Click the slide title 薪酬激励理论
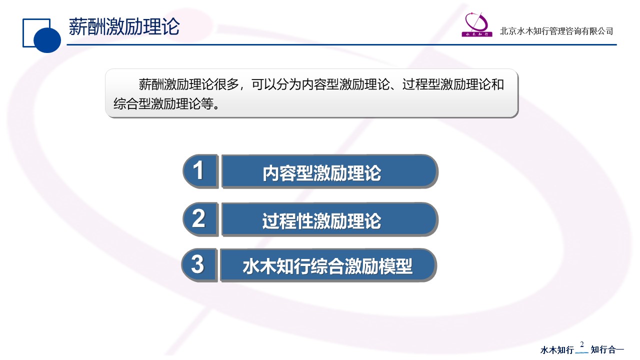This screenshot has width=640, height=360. (124, 26)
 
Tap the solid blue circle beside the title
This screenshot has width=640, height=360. (47, 39)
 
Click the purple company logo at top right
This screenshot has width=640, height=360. (477, 24)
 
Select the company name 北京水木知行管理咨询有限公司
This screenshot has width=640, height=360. (556, 31)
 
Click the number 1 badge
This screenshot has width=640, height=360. (200, 171)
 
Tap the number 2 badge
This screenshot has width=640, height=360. (200, 219)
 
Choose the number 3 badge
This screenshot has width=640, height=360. (199, 265)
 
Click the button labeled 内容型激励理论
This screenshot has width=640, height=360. (329, 171)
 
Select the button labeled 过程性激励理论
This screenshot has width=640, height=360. (329, 219)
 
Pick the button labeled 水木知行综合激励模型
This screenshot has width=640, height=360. (328, 265)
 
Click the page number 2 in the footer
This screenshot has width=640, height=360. (581, 344)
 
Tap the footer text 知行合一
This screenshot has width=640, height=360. (607, 349)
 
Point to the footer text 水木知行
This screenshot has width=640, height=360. (557, 349)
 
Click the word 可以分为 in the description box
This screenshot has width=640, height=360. (276, 84)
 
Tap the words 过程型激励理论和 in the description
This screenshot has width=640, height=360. (453, 84)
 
